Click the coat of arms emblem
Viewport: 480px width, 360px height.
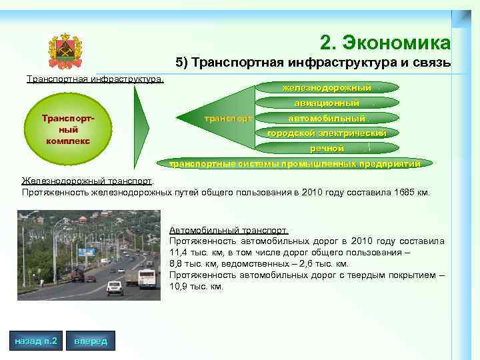(65, 51)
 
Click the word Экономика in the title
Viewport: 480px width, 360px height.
(396, 43)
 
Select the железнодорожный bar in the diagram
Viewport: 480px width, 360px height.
(327, 88)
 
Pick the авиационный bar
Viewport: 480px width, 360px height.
(327, 103)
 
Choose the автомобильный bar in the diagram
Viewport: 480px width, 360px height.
(327, 118)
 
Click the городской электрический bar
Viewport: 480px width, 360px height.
(327, 133)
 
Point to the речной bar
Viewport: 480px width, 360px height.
(327, 148)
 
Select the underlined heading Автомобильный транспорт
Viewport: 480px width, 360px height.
(229, 230)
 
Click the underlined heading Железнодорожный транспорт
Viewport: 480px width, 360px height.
(87, 181)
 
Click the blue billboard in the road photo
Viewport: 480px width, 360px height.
(86, 252)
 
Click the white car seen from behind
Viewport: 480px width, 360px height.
(115, 287)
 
